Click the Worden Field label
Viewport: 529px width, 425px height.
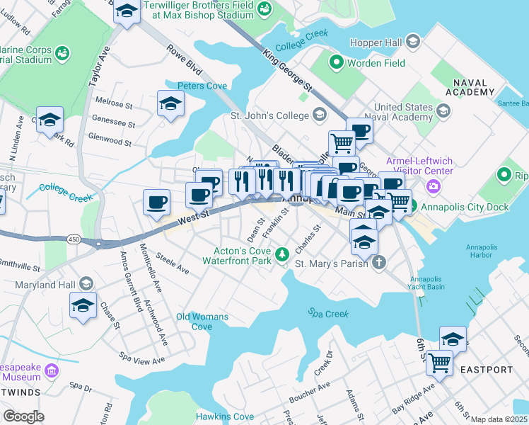click(x=376, y=64)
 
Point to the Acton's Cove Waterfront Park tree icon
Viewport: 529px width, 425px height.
click(x=283, y=253)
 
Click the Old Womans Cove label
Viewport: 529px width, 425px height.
click(x=203, y=322)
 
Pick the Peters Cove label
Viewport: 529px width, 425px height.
click(x=202, y=86)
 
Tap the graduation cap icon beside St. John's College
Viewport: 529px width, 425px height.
click(x=320, y=115)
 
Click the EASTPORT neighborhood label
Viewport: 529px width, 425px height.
click(x=486, y=370)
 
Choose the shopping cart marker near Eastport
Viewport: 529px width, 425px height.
click(x=439, y=363)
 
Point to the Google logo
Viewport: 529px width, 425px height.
click(x=23, y=416)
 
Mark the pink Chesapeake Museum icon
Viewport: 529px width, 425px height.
click(x=51, y=370)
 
